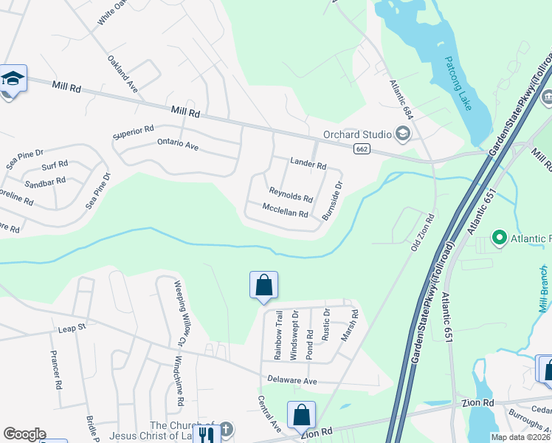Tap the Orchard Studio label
[356, 134]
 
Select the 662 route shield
[362, 149]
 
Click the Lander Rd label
[308, 164]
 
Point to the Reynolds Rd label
[291, 195]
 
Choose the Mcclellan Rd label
[285, 210]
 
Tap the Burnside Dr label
[333, 201]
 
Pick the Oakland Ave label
[123, 72]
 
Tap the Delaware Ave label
[292, 381]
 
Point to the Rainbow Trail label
[278, 335]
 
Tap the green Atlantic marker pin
[499, 238]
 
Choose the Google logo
[24, 434]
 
